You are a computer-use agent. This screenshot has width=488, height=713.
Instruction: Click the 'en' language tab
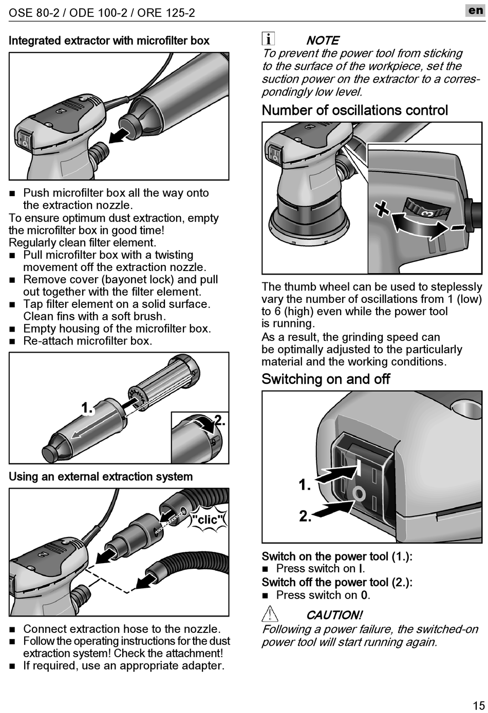[475, 10]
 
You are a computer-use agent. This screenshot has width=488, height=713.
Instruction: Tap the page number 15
[478, 705]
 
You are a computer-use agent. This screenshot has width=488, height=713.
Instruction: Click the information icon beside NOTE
[268, 39]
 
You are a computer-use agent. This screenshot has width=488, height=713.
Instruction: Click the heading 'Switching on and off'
[326, 379]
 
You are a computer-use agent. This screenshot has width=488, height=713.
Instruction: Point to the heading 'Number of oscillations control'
[354, 110]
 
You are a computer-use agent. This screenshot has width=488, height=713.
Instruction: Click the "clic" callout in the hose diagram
[208, 519]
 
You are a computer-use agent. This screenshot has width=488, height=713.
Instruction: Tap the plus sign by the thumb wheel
[381, 208]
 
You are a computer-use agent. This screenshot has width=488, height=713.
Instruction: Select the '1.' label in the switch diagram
[305, 485]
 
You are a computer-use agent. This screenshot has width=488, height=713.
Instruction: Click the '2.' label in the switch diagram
[305, 516]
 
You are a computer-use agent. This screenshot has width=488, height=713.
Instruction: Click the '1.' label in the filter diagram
[87, 409]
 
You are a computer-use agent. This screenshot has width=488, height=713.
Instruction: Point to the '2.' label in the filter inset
[219, 420]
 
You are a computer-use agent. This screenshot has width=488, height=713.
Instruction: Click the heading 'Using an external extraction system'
[101, 476]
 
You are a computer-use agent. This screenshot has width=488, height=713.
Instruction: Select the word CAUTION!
[334, 614]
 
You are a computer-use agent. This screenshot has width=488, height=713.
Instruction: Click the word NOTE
[323, 40]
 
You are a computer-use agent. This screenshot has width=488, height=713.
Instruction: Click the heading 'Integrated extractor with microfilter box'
[109, 41]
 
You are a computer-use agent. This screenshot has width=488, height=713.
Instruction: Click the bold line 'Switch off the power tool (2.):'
[337, 582]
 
